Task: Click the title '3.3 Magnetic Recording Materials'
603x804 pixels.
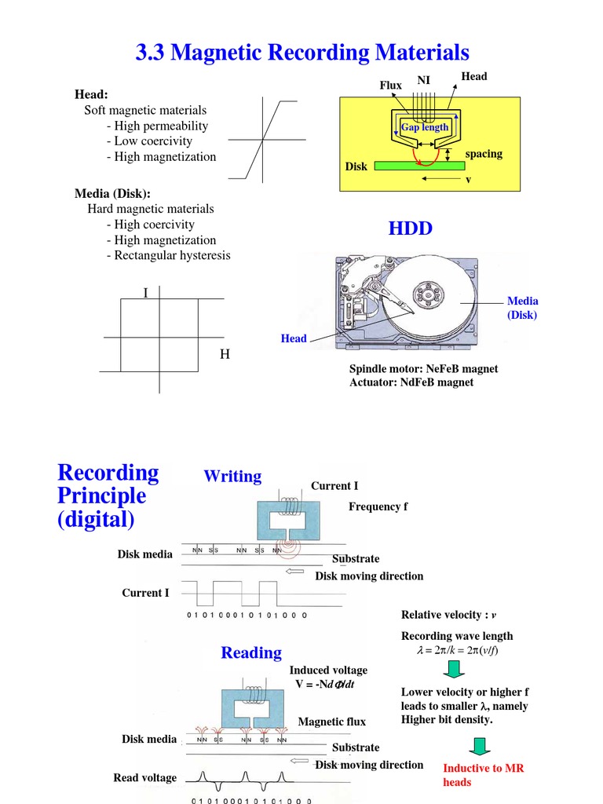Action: tap(302, 53)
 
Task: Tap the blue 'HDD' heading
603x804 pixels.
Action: tap(411, 228)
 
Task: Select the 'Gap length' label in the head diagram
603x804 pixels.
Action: tap(425, 126)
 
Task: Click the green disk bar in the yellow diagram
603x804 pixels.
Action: tap(418, 166)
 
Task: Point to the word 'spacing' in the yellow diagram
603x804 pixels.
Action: tap(484, 153)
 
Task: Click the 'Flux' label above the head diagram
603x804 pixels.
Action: tap(391, 85)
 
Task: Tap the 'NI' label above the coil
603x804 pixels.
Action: tap(424, 80)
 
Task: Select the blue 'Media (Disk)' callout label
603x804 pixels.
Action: tap(522, 308)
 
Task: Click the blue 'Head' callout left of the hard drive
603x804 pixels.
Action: tap(294, 338)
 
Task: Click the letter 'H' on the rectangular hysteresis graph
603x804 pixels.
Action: tap(225, 355)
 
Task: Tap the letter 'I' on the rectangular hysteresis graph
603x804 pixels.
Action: tap(145, 293)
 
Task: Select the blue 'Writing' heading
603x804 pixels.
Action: tap(232, 476)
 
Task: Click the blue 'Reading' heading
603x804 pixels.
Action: tap(251, 652)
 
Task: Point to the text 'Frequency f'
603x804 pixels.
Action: tap(378, 506)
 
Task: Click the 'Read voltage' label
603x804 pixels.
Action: tap(145, 777)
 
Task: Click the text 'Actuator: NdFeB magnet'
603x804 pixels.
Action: tap(411, 382)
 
